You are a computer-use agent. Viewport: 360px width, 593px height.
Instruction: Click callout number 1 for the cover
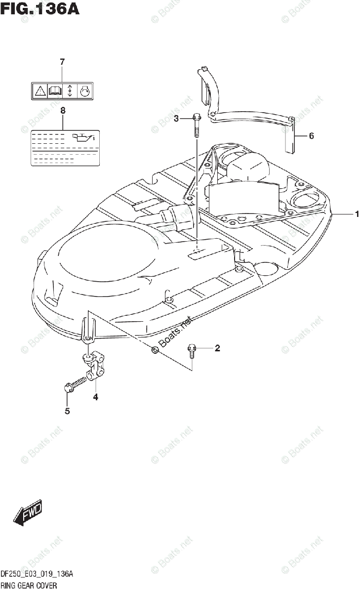tap(356, 214)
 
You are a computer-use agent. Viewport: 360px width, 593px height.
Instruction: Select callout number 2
tap(217, 349)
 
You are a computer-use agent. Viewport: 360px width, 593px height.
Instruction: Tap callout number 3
tap(176, 118)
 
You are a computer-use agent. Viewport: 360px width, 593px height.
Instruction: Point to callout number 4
tap(96, 397)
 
